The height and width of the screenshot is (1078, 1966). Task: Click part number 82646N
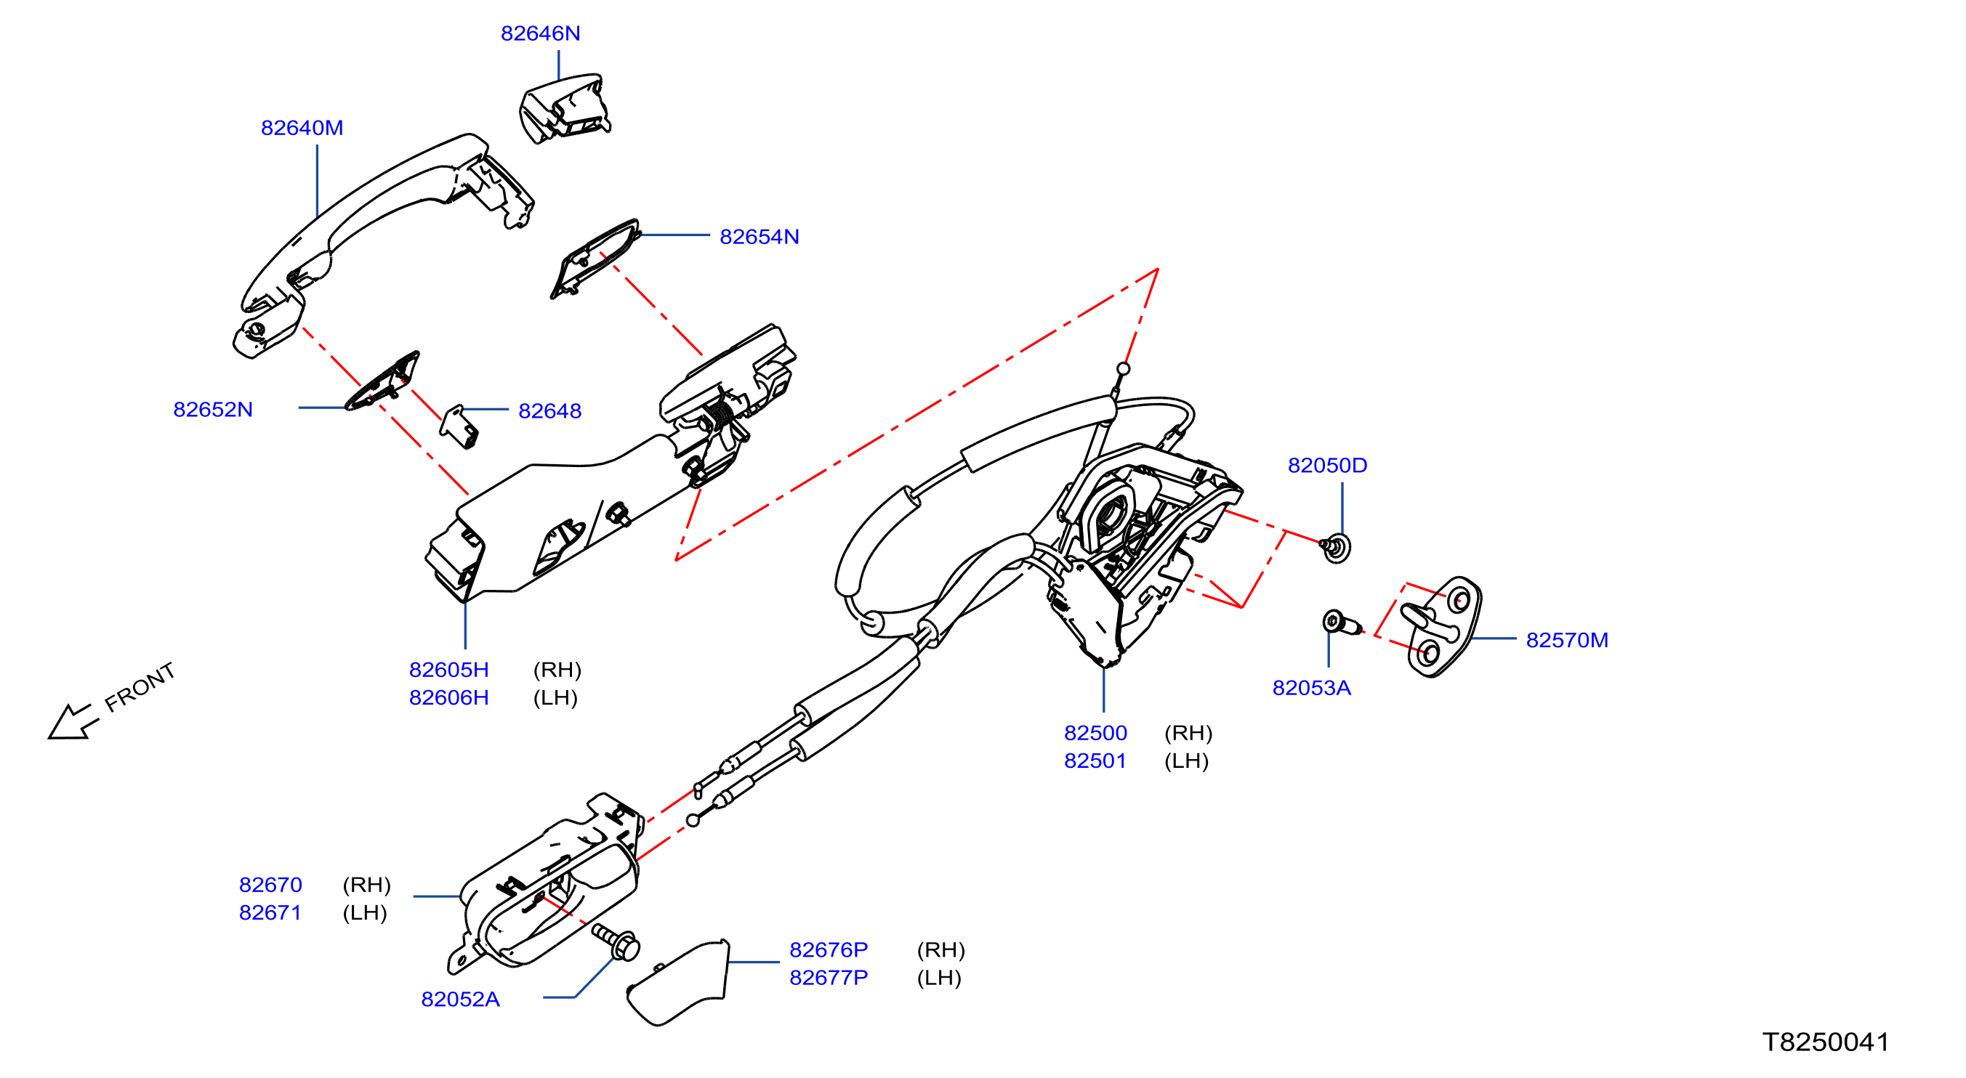pos(540,33)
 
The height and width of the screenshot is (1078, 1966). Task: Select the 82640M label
pos(302,128)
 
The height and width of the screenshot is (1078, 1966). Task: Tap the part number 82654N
pos(760,238)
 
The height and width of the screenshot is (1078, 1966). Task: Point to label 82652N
pos(213,410)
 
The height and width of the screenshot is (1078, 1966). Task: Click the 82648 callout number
pos(550,411)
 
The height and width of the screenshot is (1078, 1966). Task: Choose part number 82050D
pos(1327,466)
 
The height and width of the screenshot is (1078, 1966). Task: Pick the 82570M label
pos(1567,640)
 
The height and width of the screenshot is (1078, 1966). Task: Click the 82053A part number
pos(1312,688)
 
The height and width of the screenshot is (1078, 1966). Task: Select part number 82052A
pos(460,1000)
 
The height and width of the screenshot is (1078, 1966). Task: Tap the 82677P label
pos(829,978)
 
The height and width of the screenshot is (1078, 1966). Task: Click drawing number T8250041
pos(1826,1042)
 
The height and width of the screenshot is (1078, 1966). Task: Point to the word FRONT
pos(140,687)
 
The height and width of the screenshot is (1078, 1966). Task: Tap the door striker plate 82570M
pos(1442,627)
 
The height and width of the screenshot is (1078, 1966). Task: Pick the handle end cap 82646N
pos(565,108)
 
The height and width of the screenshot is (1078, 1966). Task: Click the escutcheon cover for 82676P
pos(677,984)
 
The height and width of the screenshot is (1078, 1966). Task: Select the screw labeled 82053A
pos(1342,623)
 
